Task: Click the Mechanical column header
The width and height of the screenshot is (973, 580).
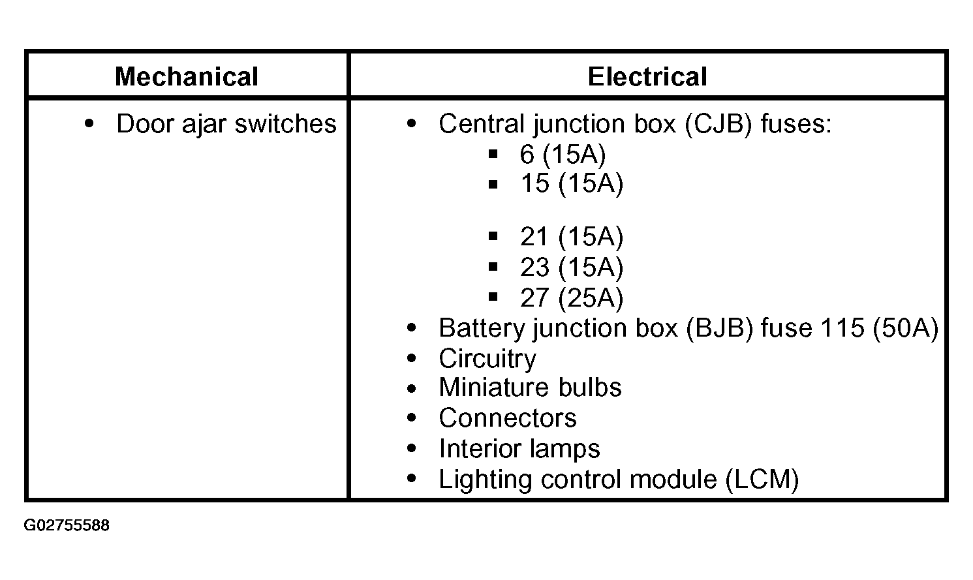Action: [187, 77]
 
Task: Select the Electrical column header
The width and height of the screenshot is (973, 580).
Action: [647, 77]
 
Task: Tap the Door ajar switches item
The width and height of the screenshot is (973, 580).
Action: [226, 124]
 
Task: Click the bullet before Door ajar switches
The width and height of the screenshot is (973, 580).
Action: [89, 124]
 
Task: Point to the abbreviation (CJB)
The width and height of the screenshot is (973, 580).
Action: [718, 124]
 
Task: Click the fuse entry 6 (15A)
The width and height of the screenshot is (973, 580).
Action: [563, 155]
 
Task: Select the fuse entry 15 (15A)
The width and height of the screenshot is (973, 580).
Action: [572, 183]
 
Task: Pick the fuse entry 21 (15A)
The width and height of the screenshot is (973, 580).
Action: [572, 237]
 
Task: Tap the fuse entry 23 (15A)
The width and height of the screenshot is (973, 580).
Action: [572, 267]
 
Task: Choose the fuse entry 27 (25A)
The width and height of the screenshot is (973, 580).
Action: [572, 298]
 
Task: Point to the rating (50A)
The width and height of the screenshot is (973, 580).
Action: [905, 328]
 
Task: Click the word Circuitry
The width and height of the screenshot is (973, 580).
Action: [487, 359]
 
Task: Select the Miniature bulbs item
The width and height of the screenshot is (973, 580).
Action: [530, 388]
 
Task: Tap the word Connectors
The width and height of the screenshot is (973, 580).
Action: [507, 418]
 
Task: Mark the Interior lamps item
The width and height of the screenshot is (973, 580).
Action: [519, 449]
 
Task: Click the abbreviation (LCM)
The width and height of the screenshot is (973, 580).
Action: [762, 480]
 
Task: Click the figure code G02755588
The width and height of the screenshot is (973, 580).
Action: [67, 525]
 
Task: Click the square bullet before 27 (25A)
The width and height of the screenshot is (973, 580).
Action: [493, 297]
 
